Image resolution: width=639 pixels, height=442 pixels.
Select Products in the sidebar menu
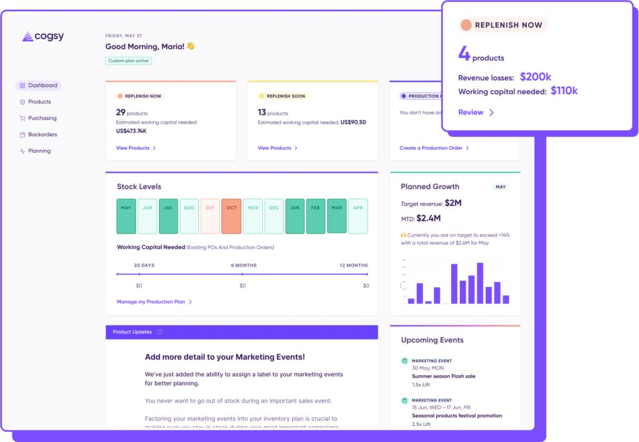pos(39,102)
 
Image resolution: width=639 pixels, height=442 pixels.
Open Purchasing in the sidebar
pos(42,118)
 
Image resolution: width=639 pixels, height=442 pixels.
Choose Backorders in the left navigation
pos(42,134)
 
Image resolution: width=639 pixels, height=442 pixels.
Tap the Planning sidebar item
pos(39,151)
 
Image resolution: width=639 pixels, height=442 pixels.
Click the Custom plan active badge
pos(129,61)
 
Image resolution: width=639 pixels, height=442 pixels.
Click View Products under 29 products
pos(135,148)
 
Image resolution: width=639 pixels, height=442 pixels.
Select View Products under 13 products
pos(277,148)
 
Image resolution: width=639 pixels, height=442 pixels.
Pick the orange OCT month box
pos(232,216)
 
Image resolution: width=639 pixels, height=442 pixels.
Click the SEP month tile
pos(210,216)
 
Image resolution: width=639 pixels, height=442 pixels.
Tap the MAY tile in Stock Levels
pos(126,216)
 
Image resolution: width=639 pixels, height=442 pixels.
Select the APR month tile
pos(358,216)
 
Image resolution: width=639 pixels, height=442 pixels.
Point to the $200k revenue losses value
pos(535,77)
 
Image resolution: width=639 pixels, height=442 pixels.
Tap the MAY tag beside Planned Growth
pos(500,187)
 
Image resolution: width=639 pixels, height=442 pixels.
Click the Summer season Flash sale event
pos(443,376)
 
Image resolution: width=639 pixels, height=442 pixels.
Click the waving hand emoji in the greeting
pos(190,46)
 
